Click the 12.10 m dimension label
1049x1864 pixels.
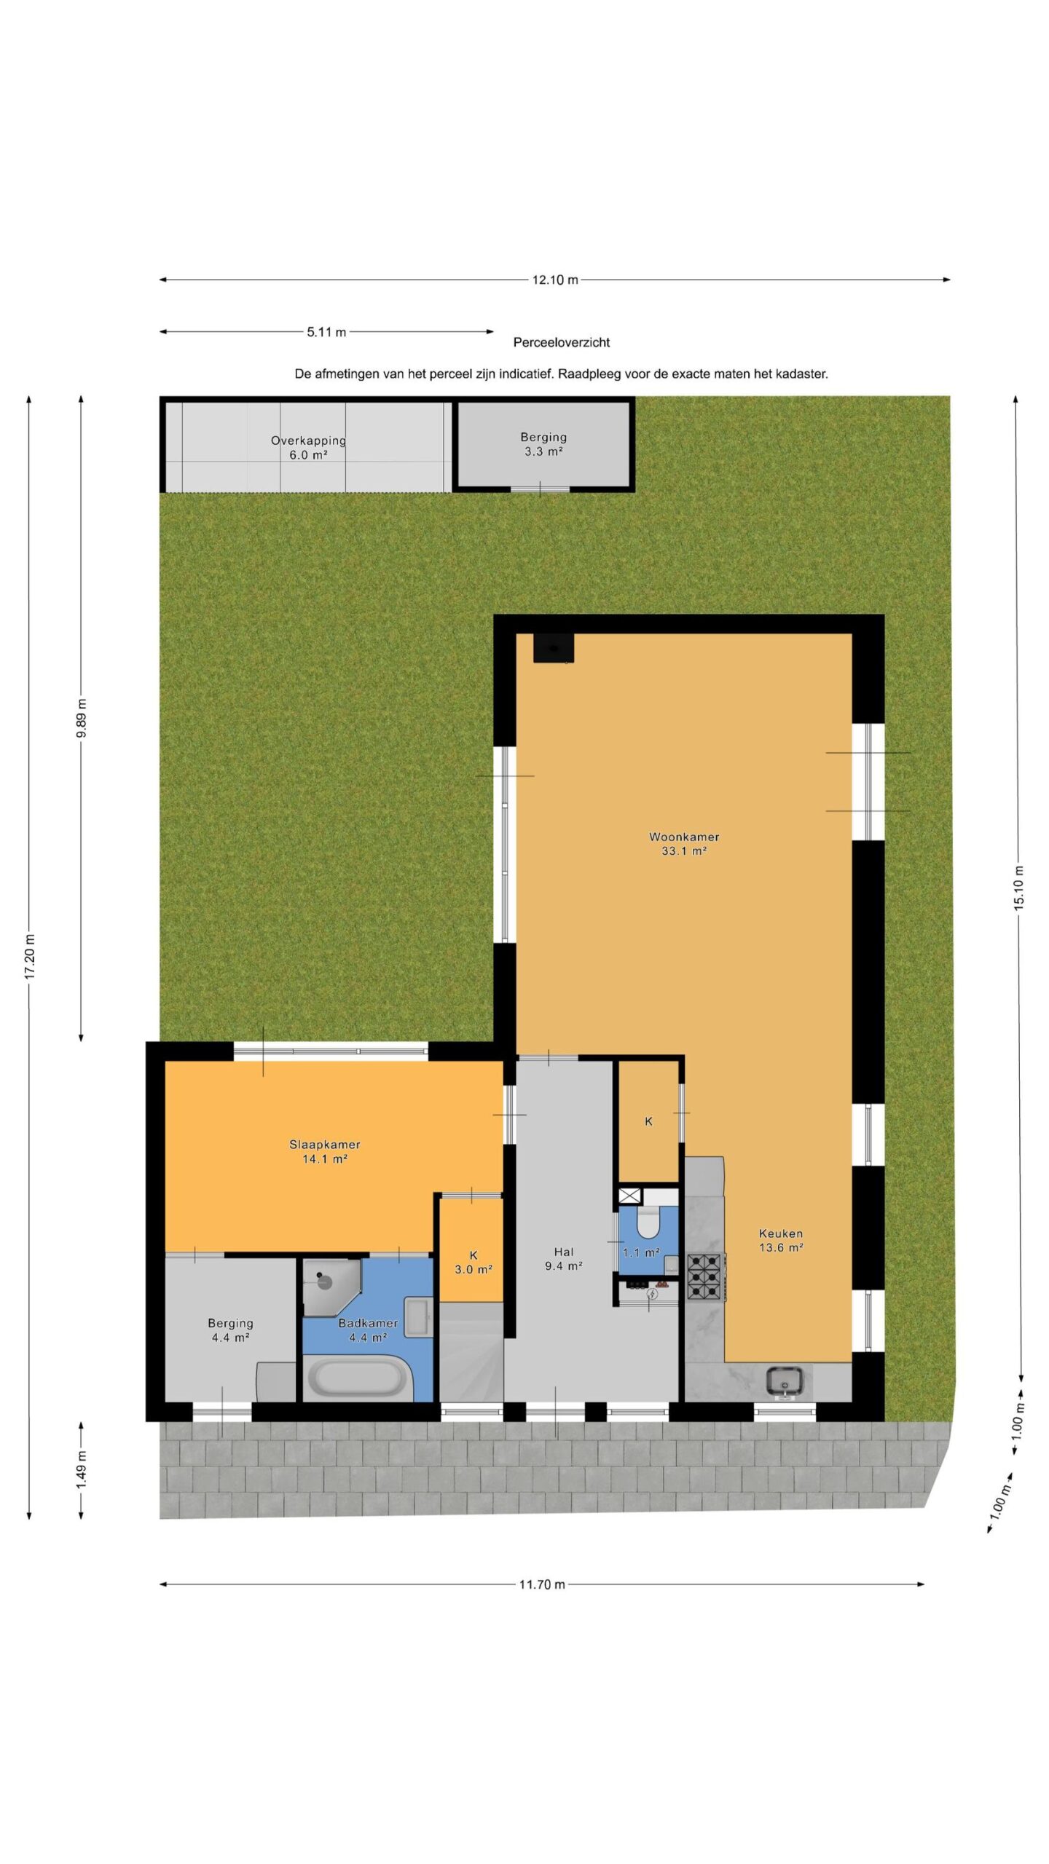[x=555, y=280]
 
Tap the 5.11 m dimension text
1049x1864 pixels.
[x=326, y=332]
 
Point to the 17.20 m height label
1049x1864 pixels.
[x=30, y=955]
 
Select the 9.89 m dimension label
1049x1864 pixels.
[x=82, y=718]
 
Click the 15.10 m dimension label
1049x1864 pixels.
[x=1019, y=888]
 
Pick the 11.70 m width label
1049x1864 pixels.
[x=542, y=1584]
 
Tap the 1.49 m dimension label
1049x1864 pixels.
[x=82, y=1470]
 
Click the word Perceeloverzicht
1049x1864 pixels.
[x=562, y=342]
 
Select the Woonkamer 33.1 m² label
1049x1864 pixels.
[x=684, y=844]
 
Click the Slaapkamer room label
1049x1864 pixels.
[x=325, y=1145]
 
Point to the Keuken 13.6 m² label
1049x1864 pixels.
[x=781, y=1240]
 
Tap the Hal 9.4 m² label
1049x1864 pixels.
[x=564, y=1259]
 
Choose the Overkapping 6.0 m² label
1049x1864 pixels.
[x=308, y=448]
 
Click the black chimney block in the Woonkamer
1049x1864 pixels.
[x=554, y=648]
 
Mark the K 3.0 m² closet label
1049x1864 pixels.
[x=474, y=1263]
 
